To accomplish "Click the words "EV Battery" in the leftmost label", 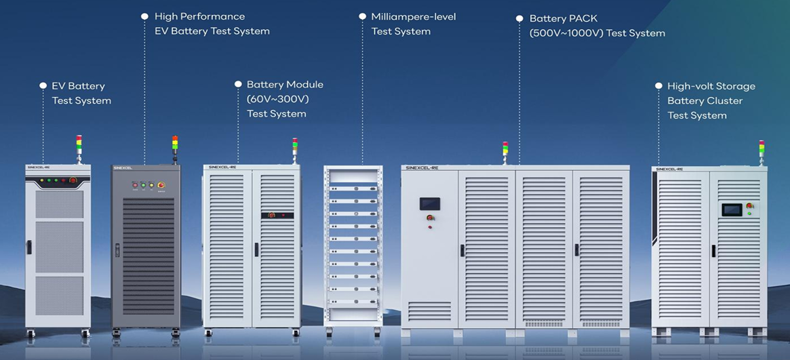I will coord(78,86).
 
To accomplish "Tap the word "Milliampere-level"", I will coord(413,16).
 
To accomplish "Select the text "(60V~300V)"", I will coord(277,99).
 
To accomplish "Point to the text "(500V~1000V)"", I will coord(566,33).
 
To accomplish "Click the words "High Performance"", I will coord(199,16).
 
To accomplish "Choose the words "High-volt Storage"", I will coord(711,86).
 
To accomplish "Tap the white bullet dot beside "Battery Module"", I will coord(238,85).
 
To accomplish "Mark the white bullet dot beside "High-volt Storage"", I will coord(658,86).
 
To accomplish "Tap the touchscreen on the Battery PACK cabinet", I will coord(430,203).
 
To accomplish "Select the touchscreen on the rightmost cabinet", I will coord(732,209).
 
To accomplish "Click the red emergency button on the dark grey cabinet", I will coord(161,184).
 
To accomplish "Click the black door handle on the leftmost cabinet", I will coord(29,247).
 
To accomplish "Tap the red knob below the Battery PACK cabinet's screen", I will coord(430,218).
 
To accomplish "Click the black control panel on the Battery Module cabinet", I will coord(277,215).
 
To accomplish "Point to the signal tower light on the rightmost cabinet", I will coord(762,151).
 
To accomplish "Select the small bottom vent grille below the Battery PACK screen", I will coord(429,311).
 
